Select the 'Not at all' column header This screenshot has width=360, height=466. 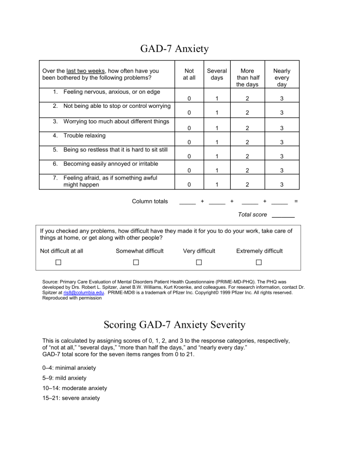pos(189,74)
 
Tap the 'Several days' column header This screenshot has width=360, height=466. pos(217,74)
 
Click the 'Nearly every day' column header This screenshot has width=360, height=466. pos(281,77)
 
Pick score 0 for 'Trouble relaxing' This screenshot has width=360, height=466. pos(189,143)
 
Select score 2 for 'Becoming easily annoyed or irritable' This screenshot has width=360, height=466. pos(249,171)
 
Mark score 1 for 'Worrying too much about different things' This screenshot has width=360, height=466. pos(217,128)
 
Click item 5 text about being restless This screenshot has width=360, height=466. pos(112,150)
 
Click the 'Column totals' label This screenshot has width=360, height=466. pos(150,202)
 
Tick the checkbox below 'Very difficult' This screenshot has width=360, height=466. pos(199,262)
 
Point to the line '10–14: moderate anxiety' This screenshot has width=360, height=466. pos(74,388)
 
